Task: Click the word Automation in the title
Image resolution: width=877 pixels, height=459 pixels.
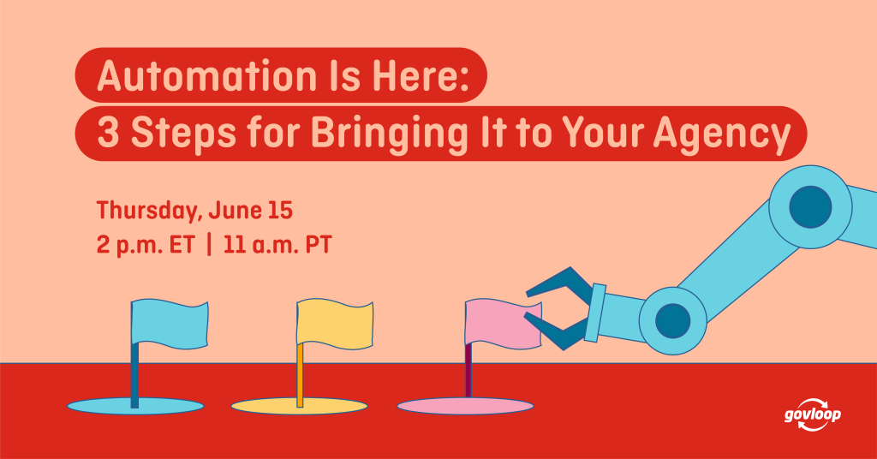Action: (206, 75)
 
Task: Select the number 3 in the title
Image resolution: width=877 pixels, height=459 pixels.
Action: (108, 133)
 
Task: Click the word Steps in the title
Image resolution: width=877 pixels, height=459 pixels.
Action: (183, 134)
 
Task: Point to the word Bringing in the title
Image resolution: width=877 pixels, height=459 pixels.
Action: (390, 134)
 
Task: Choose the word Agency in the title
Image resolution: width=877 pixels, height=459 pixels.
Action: (721, 134)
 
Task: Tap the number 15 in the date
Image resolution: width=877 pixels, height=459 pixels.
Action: (280, 210)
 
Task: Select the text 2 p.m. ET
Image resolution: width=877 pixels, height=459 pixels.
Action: (146, 246)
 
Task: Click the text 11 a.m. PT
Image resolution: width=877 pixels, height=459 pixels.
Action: (277, 246)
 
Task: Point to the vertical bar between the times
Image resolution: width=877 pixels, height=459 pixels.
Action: (209, 245)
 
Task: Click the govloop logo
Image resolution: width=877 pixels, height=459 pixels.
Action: (812, 414)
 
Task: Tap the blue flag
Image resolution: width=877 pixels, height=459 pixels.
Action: (170, 324)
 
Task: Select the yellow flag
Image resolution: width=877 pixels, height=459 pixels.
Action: (335, 324)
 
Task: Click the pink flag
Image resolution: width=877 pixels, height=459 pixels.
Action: (504, 325)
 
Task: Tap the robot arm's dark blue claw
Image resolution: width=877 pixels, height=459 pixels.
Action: (559, 307)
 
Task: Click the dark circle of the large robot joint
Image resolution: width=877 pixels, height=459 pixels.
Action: (810, 207)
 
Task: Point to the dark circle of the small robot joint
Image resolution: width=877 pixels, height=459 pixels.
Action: (673, 321)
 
